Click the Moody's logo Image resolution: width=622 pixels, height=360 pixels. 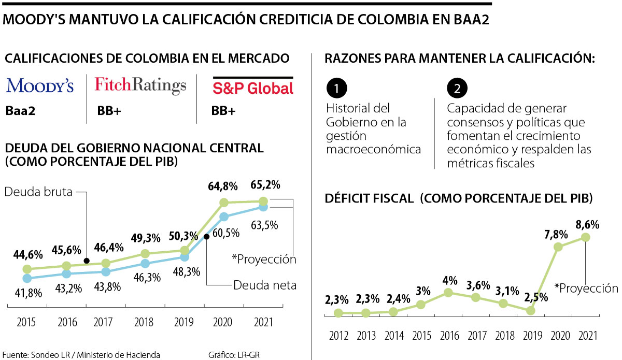[40, 86]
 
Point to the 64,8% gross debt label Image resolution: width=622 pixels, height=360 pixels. [223, 185]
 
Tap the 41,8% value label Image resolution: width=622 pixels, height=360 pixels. [25, 294]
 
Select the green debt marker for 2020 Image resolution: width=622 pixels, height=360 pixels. [224, 202]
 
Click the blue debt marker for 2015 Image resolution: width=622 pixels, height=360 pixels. [27, 278]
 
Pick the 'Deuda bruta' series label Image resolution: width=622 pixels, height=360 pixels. [37, 192]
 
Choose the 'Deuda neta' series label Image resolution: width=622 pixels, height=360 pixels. [258, 285]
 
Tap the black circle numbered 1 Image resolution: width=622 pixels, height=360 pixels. [337, 89]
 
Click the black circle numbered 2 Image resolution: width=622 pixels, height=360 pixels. [457, 89]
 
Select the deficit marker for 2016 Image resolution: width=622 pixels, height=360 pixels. [449, 293]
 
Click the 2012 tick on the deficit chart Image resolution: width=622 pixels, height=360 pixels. [338, 335]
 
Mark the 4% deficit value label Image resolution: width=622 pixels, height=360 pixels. [449, 280]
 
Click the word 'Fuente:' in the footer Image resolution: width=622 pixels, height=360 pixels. [16, 354]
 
